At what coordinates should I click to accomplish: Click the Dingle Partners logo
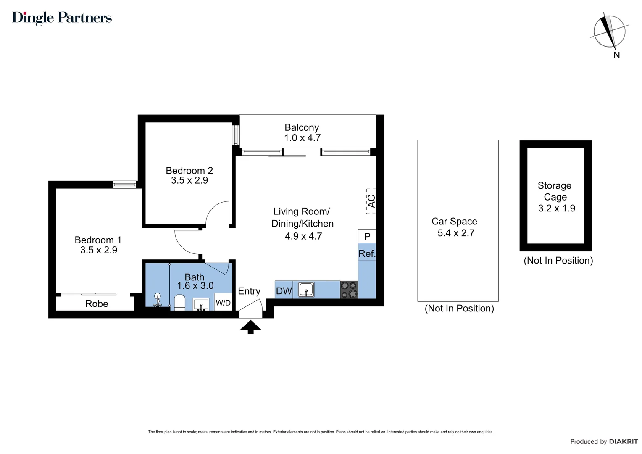pos(62,18)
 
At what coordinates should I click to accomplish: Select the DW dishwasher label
pos(284,291)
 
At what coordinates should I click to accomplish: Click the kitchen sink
pos(306,290)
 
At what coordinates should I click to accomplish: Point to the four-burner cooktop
pos(349,290)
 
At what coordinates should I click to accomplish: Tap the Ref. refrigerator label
pos(367,254)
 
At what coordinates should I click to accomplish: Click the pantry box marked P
pos(367,236)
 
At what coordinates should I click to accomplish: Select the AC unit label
pos(371,201)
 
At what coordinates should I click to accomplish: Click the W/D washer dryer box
pos(223,303)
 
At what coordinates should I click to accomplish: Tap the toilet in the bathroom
pos(180,302)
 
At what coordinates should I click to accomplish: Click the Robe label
pos(97,304)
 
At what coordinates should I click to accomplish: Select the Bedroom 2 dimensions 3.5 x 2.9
pos(189,180)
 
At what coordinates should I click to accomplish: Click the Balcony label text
pos(302,127)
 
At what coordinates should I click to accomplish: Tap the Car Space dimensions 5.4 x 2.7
pos(456,233)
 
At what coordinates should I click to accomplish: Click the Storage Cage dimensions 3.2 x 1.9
pos(557,209)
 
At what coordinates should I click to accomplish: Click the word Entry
pos(249,291)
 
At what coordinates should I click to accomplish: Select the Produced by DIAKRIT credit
pos(603,441)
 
